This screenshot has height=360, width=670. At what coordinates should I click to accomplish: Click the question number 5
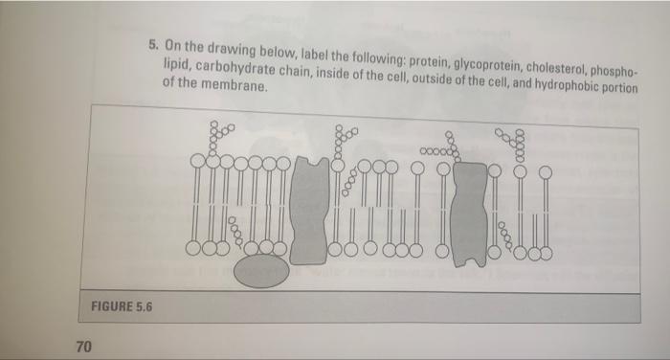coord(154,43)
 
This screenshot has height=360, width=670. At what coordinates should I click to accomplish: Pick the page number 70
coord(84,347)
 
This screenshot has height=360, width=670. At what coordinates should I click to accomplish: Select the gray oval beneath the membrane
coord(261,272)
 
